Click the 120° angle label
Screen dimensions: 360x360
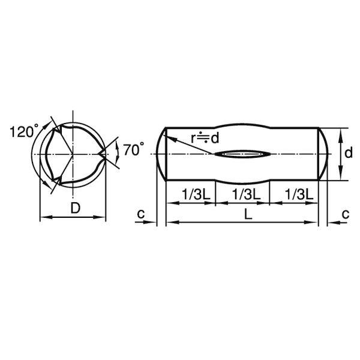coord(25,131)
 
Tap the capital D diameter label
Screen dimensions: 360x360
coord(76,208)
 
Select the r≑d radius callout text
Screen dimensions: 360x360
coord(205,138)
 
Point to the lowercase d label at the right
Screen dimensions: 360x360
coord(348,152)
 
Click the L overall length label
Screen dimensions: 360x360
coord(248,215)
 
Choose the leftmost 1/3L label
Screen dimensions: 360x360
coord(196,194)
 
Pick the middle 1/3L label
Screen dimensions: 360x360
coord(246,194)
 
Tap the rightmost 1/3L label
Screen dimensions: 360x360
coord(299,194)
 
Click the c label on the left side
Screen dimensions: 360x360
coord(141,214)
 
